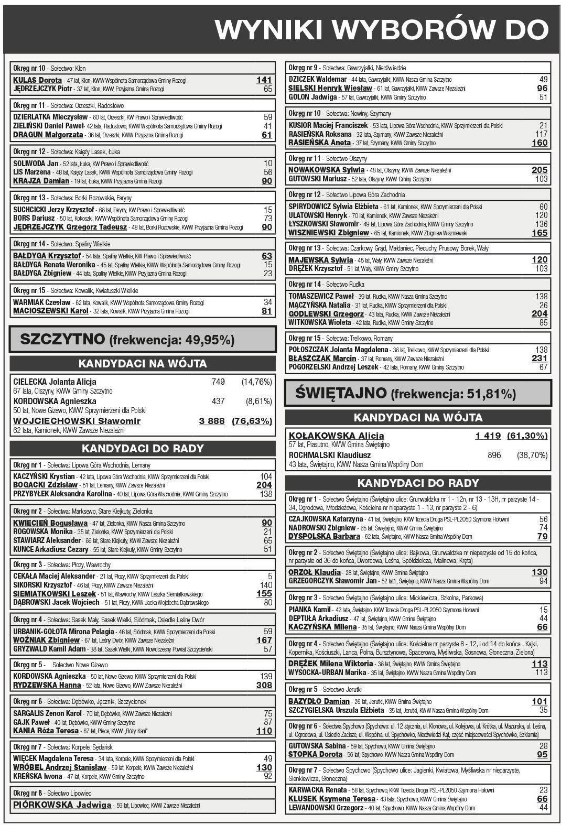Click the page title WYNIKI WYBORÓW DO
point(382,30)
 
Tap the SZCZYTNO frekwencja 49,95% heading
point(127,340)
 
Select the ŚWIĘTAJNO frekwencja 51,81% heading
point(405,394)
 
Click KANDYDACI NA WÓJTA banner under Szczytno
point(143,364)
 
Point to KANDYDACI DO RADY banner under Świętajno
point(418,483)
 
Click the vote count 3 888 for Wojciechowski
point(212,421)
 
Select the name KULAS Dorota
point(37,80)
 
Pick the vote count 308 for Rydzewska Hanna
point(264,685)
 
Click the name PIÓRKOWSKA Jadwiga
point(62,805)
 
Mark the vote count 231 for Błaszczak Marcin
point(540,359)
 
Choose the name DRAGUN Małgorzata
point(48,135)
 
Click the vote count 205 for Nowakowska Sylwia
point(540,170)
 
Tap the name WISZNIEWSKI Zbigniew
point(329,233)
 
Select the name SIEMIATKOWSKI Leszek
point(55,594)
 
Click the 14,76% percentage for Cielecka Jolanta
point(256,382)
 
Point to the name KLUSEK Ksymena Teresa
point(332,799)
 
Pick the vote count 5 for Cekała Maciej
point(270,576)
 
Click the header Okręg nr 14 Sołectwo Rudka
point(326,284)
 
